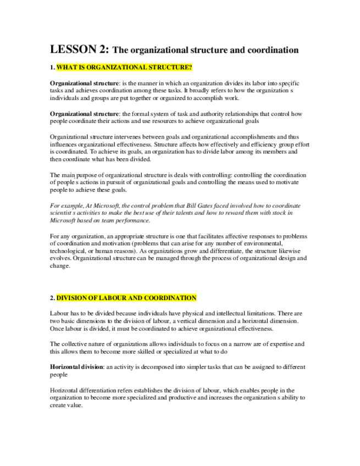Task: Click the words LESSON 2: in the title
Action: click(x=80, y=49)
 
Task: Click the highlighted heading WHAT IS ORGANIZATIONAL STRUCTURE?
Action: click(x=124, y=68)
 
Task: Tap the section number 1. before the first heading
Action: click(x=52, y=68)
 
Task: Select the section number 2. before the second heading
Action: click(x=52, y=298)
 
